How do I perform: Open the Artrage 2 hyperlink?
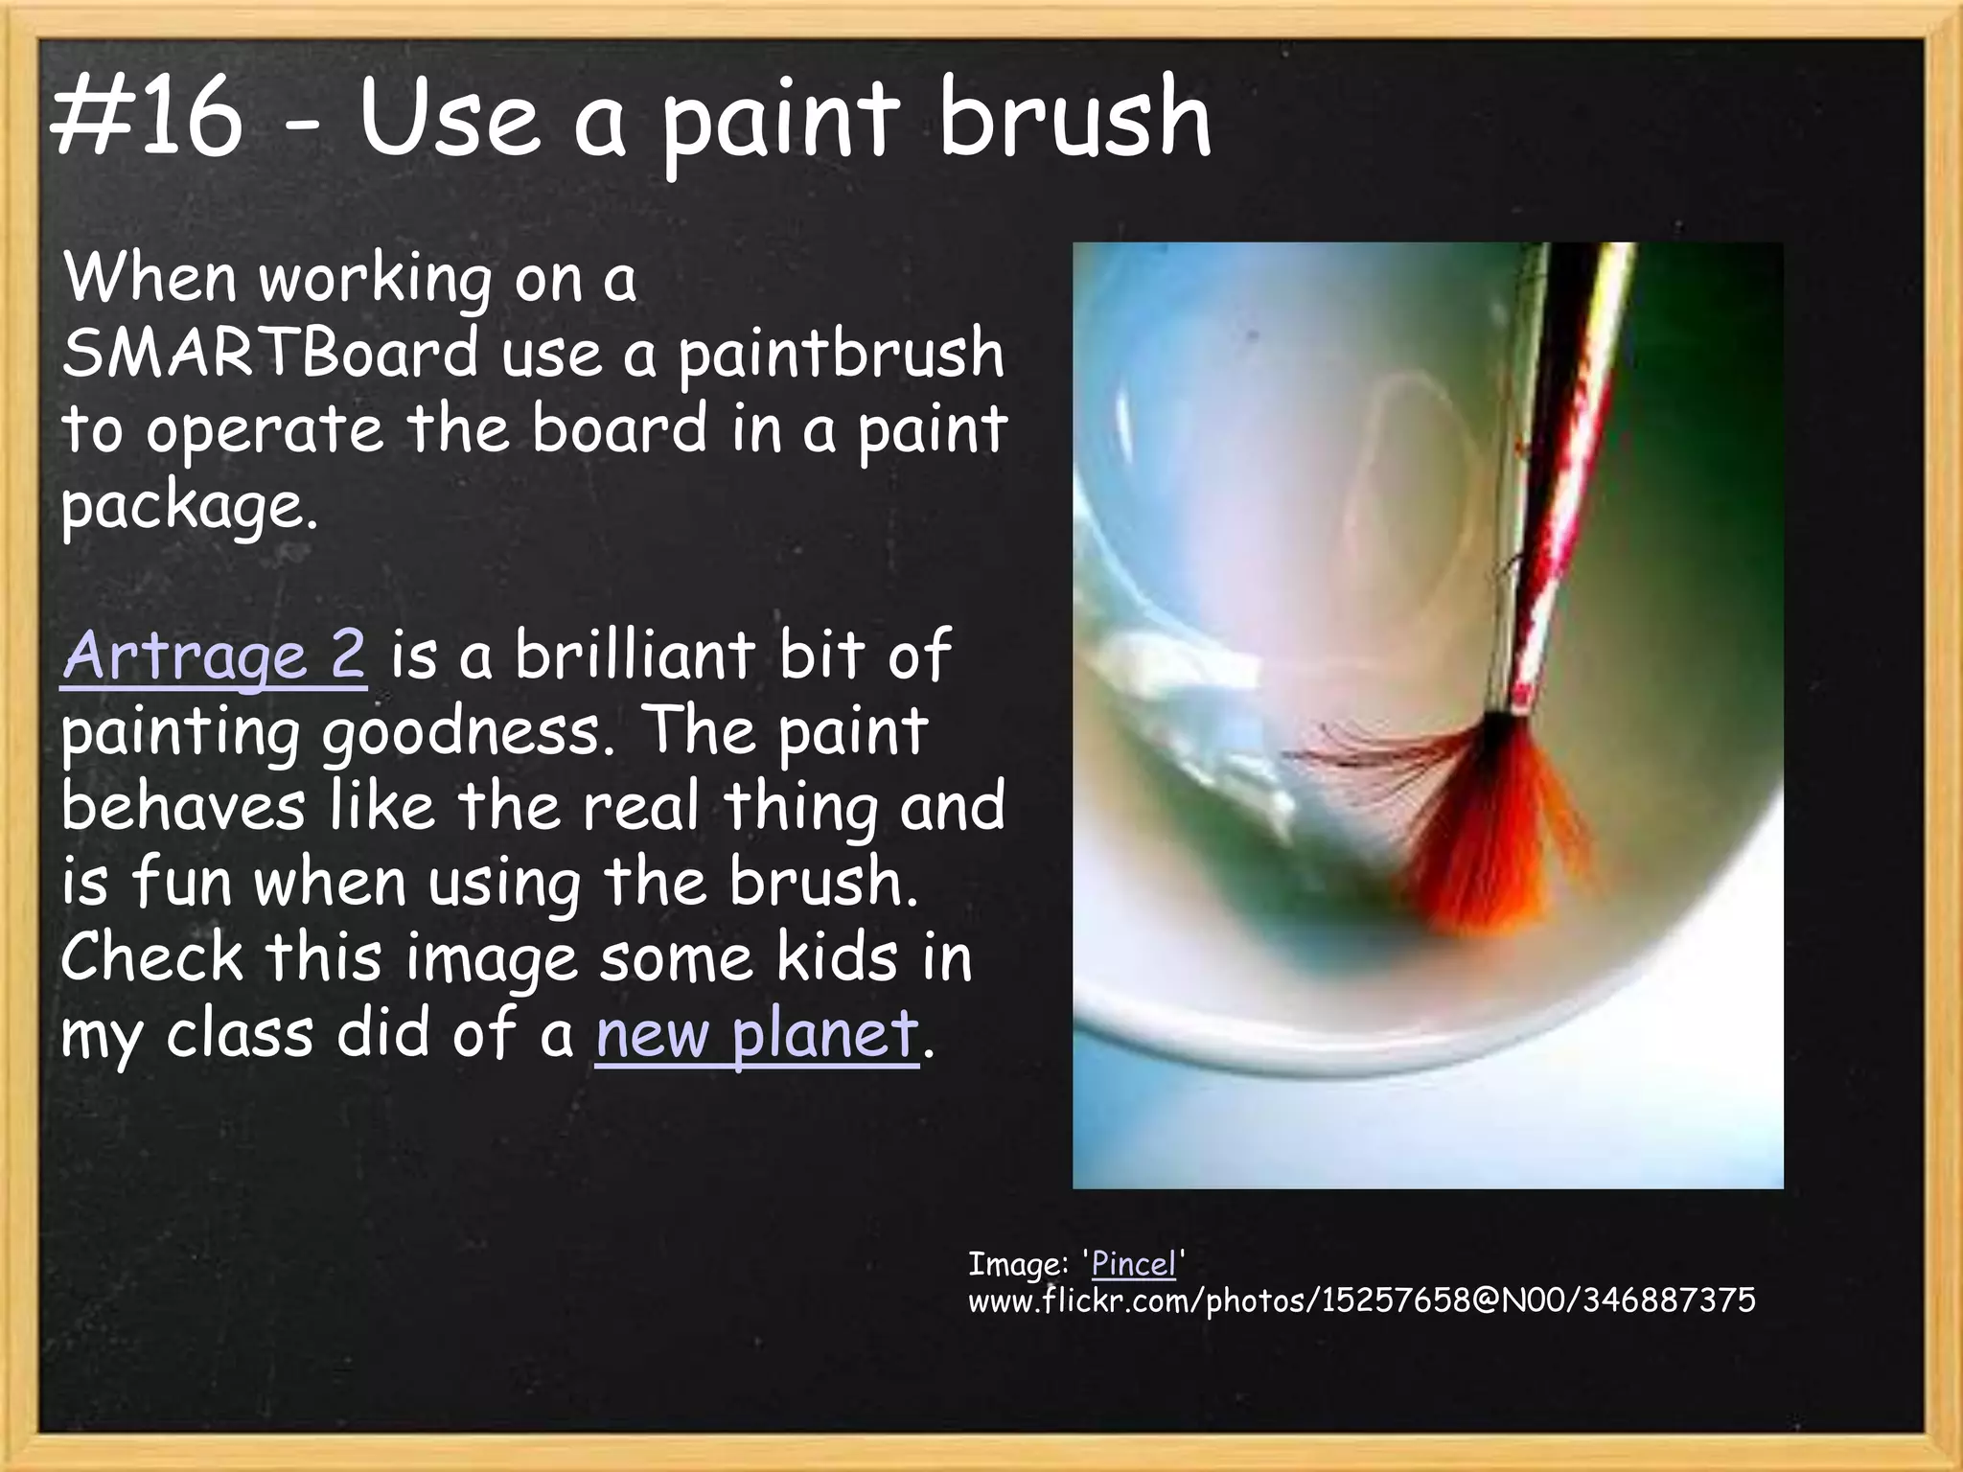(x=214, y=656)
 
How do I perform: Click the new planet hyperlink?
(x=756, y=1034)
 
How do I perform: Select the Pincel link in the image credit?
(x=1133, y=1264)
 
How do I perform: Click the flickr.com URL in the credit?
(x=1361, y=1300)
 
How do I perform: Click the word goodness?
(x=467, y=733)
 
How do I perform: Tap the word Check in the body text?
(x=152, y=957)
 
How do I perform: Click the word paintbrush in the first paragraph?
(x=841, y=355)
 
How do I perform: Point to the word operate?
(x=265, y=430)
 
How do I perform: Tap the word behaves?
(x=183, y=807)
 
